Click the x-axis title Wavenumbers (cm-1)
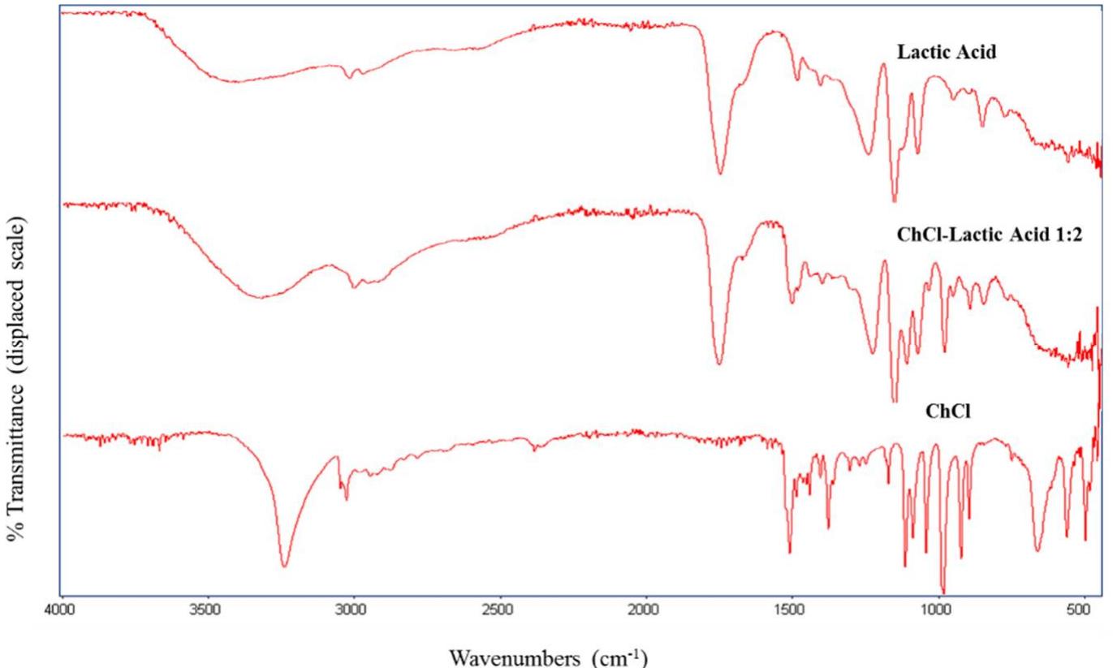point(556,654)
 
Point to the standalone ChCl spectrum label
point(943,410)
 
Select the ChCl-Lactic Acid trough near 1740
point(718,364)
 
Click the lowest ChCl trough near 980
point(943,592)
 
